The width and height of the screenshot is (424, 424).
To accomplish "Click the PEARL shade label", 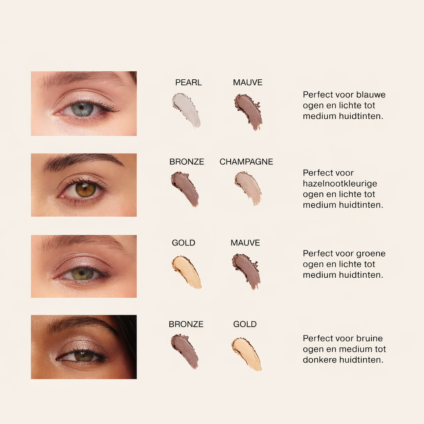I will click(188, 83).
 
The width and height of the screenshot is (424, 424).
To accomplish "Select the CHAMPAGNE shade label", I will click(246, 162).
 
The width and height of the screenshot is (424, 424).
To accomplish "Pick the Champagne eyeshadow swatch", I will click(248, 187).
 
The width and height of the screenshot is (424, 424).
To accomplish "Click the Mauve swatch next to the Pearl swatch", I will click(248, 112).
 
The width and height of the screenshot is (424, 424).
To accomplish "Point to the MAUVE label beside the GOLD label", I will click(245, 243).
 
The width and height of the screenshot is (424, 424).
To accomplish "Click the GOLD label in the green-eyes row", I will click(184, 243).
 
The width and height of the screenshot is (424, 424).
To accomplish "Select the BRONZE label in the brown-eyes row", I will click(186, 324).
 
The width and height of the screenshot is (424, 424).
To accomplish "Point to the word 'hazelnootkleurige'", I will click(340, 184).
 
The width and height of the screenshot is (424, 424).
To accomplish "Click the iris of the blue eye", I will click(82, 109).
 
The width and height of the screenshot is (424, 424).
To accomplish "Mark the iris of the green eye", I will click(82, 274).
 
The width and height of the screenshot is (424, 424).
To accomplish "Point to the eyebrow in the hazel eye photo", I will click(83, 160).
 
